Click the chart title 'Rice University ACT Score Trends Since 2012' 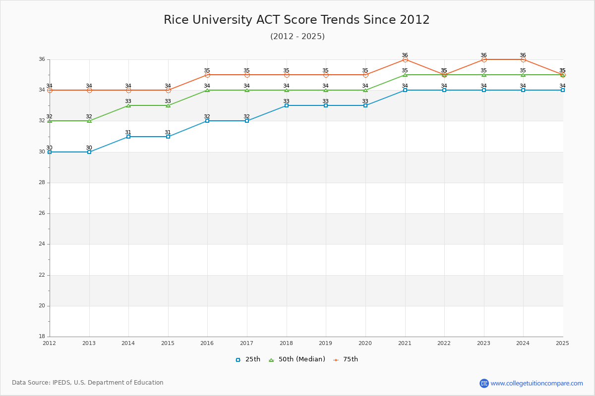tap(297, 20)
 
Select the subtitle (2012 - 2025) tap(297, 37)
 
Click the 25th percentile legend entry tap(248, 359)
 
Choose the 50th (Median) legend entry tap(297, 359)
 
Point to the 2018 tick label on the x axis tap(286, 343)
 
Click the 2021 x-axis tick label tap(405, 343)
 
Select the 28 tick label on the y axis tap(42, 183)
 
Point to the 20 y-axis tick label tap(42, 306)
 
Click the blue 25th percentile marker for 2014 tap(128, 137)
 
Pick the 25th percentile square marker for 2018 tap(287, 105)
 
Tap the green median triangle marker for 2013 tap(89, 121)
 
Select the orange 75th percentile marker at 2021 tap(405, 59)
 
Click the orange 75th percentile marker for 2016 tap(207, 75)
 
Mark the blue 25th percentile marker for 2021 tap(405, 90)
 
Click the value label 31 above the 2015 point tap(168, 132)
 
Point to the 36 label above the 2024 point tap(523, 55)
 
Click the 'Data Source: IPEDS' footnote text tap(88, 383)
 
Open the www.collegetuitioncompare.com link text tap(537, 383)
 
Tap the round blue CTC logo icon tap(484, 383)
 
